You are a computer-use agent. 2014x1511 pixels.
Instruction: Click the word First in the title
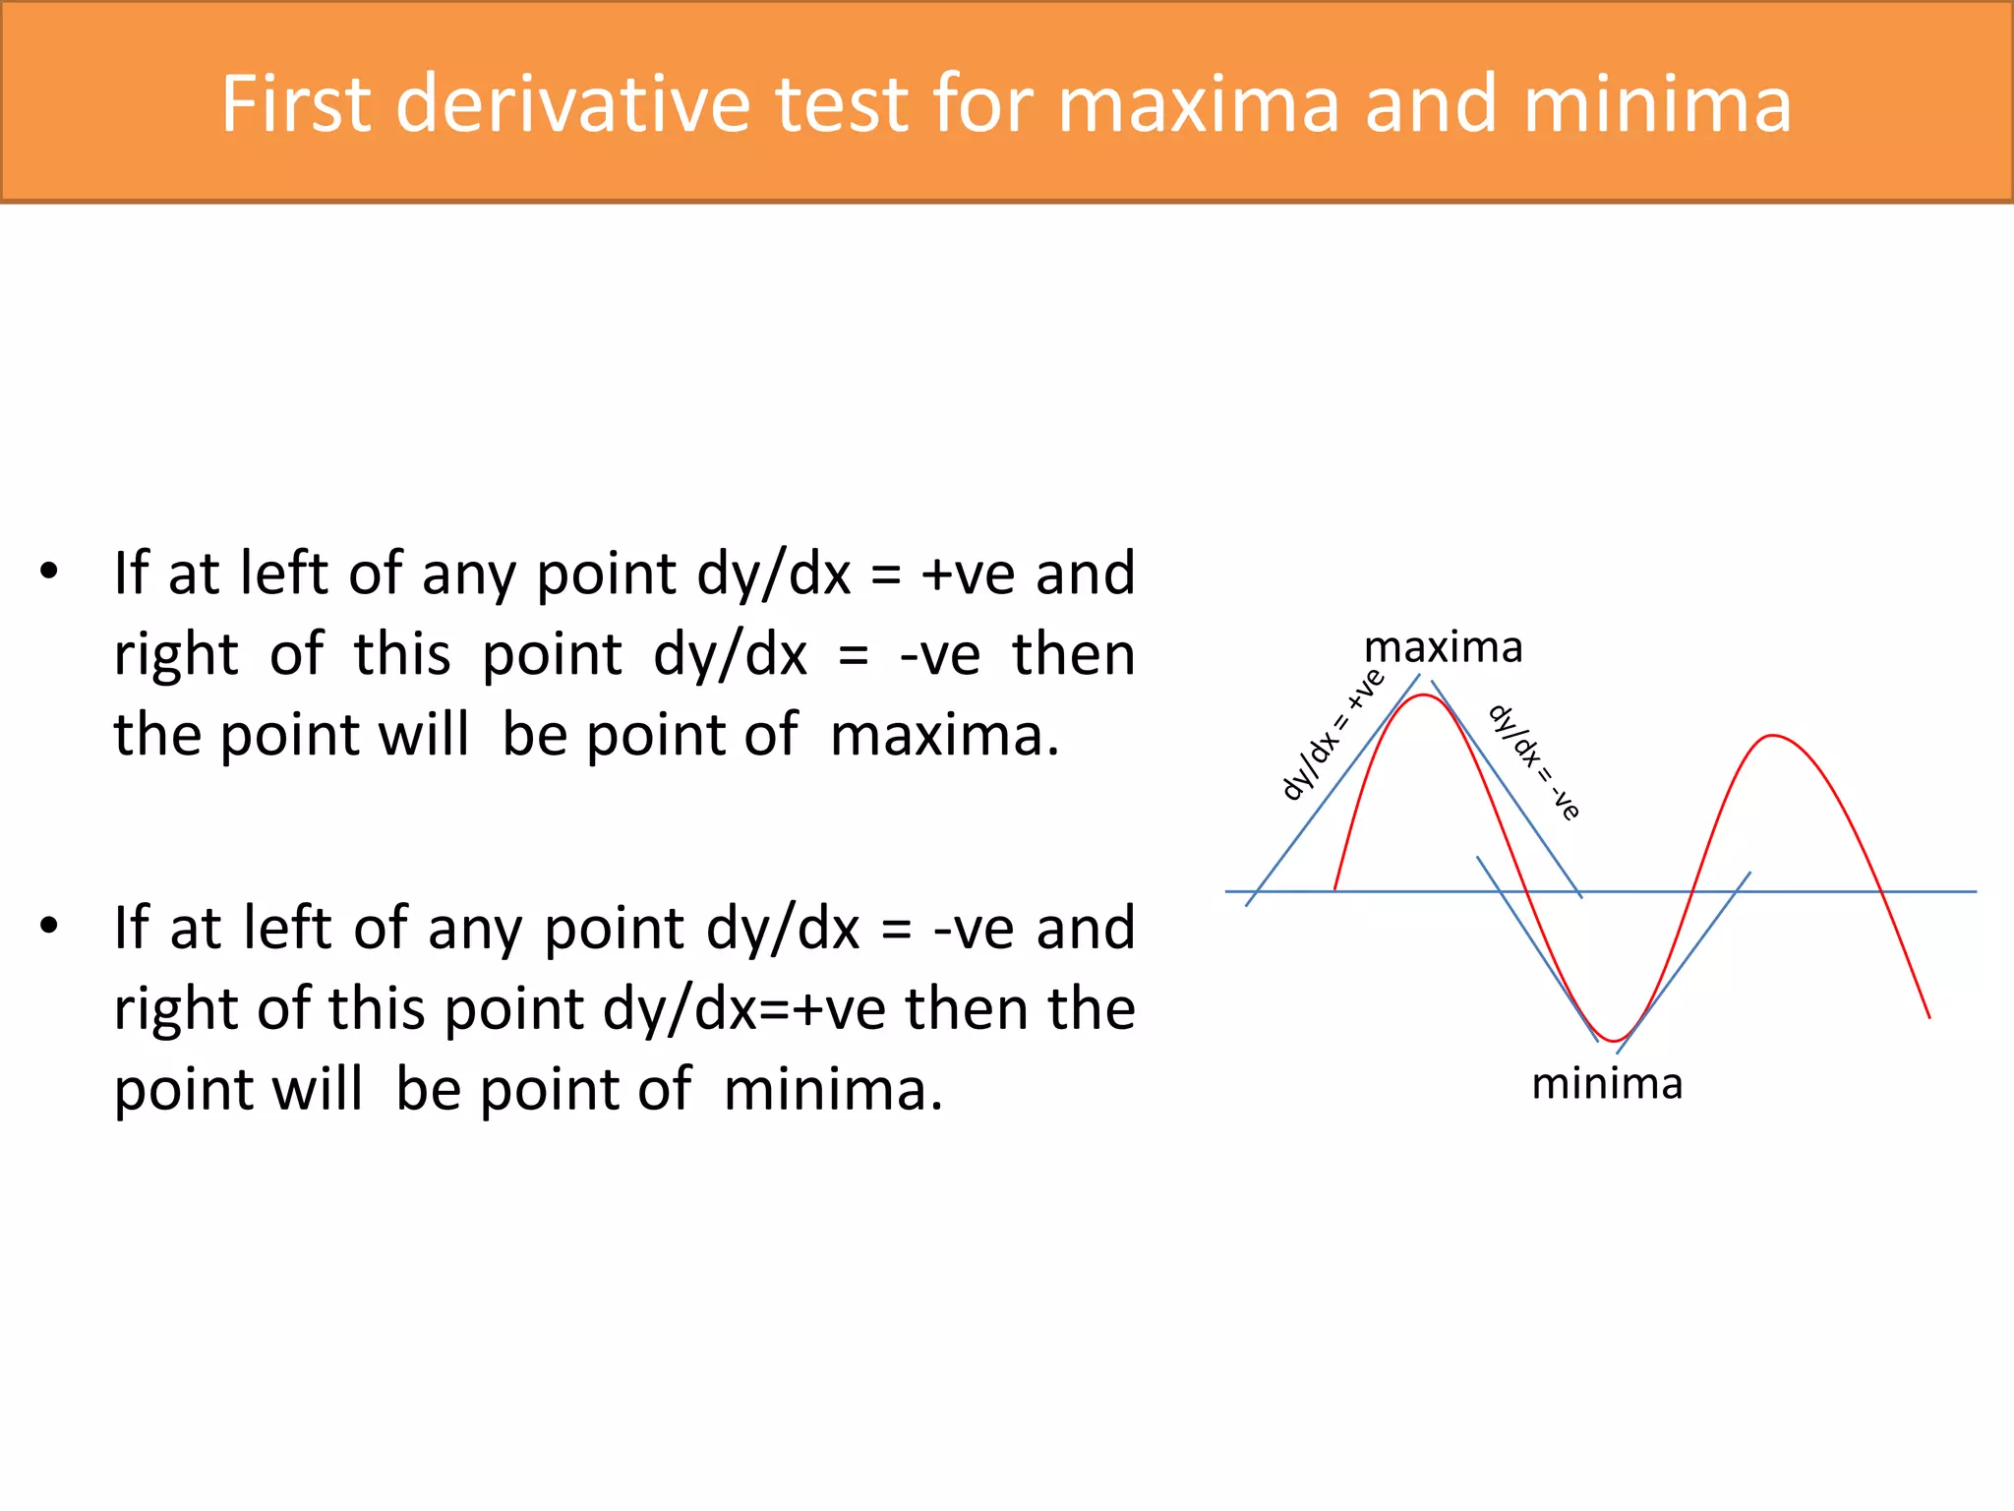click(296, 103)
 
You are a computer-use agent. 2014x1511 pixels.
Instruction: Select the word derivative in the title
click(572, 103)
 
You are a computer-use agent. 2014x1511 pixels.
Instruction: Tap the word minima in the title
click(1657, 103)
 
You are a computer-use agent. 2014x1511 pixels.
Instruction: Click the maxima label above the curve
click(1443, 648)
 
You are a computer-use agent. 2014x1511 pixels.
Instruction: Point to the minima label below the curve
click(1607, 1084)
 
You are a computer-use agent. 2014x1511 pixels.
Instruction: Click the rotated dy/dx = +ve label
click(1333, 735)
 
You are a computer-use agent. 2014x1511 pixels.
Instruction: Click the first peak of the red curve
click(1423, 696)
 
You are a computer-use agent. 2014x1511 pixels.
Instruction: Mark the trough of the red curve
click(1614, 1040)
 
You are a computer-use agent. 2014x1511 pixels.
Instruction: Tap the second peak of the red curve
click(1772, 736)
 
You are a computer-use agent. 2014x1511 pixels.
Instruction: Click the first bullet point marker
click(49, 571)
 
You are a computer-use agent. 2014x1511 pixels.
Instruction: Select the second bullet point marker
click(49, 926)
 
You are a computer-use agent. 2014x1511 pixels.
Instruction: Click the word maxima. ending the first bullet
click(944, 735)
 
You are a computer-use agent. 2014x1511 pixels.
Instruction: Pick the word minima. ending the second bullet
click(833, 1090)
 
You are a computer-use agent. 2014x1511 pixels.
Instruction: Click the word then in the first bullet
click(1073, 654)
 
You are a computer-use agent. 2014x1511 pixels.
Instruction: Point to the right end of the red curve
click(1928, 1016)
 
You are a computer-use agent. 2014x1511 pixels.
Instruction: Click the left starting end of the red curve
click(1335, 887)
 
